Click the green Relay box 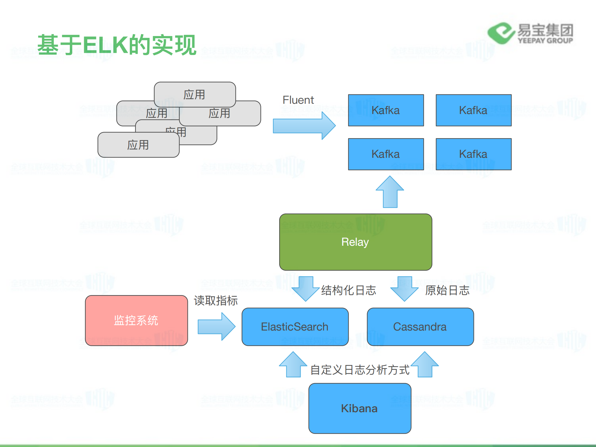tap(356, 242)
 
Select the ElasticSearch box tap(295, 326)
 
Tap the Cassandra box tap(420, 326)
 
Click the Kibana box tap(360, 408)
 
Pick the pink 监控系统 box tap(136, 320)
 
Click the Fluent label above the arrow tap(298, 100)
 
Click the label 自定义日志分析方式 tap(360, 370)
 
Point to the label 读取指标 tap(216, 300)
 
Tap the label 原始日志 tap(447, 290)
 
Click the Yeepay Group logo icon tap(501, 33)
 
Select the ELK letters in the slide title tap(106, 45)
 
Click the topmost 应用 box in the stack tap(195, 94)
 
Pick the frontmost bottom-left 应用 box tap(138, 145)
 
